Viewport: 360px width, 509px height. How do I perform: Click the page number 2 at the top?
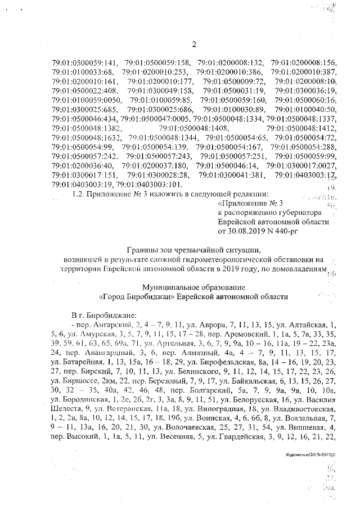[193, 46]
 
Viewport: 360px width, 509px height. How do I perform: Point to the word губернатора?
[299, 213]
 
